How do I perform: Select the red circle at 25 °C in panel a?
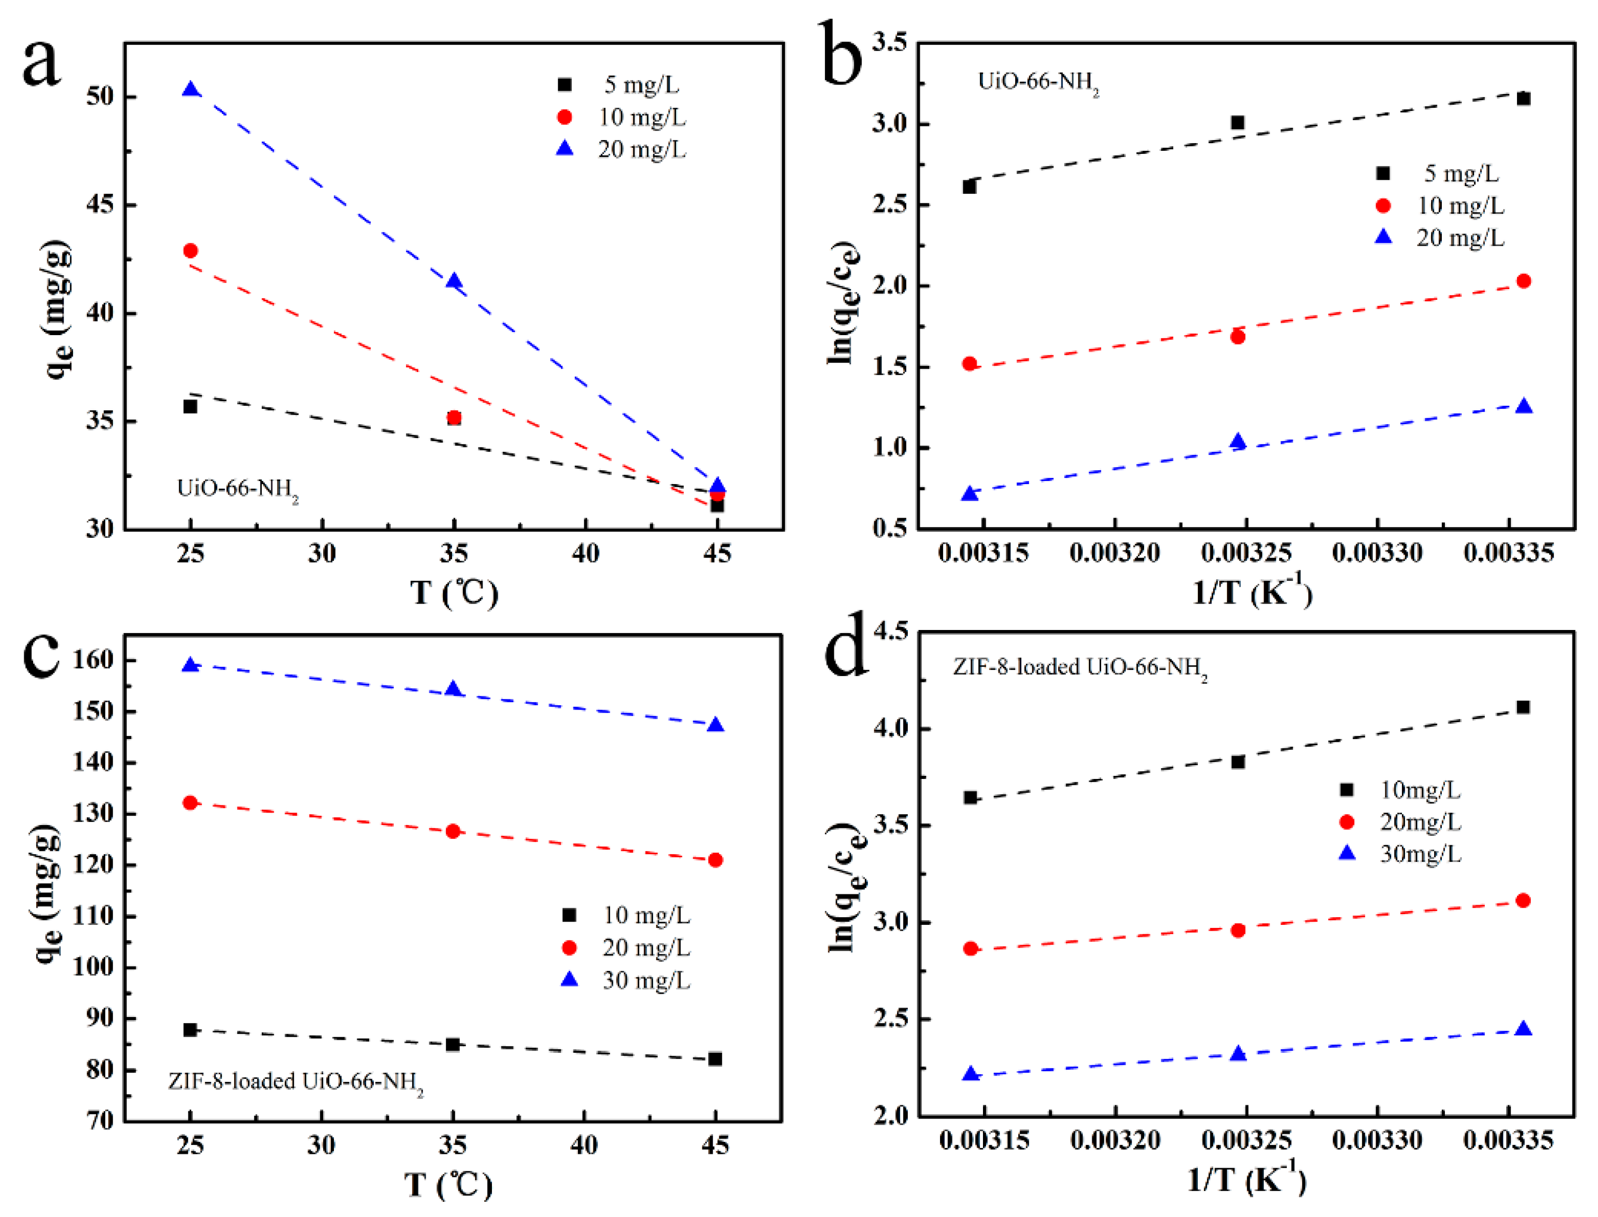click(191, 251)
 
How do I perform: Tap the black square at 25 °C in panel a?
click(191, 406)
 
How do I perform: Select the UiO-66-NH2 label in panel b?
click(1038, 82)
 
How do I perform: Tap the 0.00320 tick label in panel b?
click(1115, 553)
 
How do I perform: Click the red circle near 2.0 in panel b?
click(1523, 281)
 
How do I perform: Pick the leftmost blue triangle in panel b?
click(970, 494)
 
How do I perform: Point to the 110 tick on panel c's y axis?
click(93, 915)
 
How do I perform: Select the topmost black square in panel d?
click(1523, 707)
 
